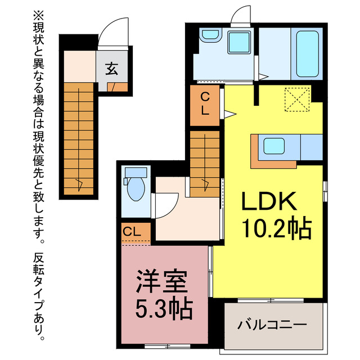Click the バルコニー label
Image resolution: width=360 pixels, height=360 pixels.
[272, 325]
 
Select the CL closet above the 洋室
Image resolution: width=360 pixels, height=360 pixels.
[134, 231]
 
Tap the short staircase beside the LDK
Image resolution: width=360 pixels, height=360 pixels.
[204, 164]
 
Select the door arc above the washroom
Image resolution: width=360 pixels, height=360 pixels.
[242, 15]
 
